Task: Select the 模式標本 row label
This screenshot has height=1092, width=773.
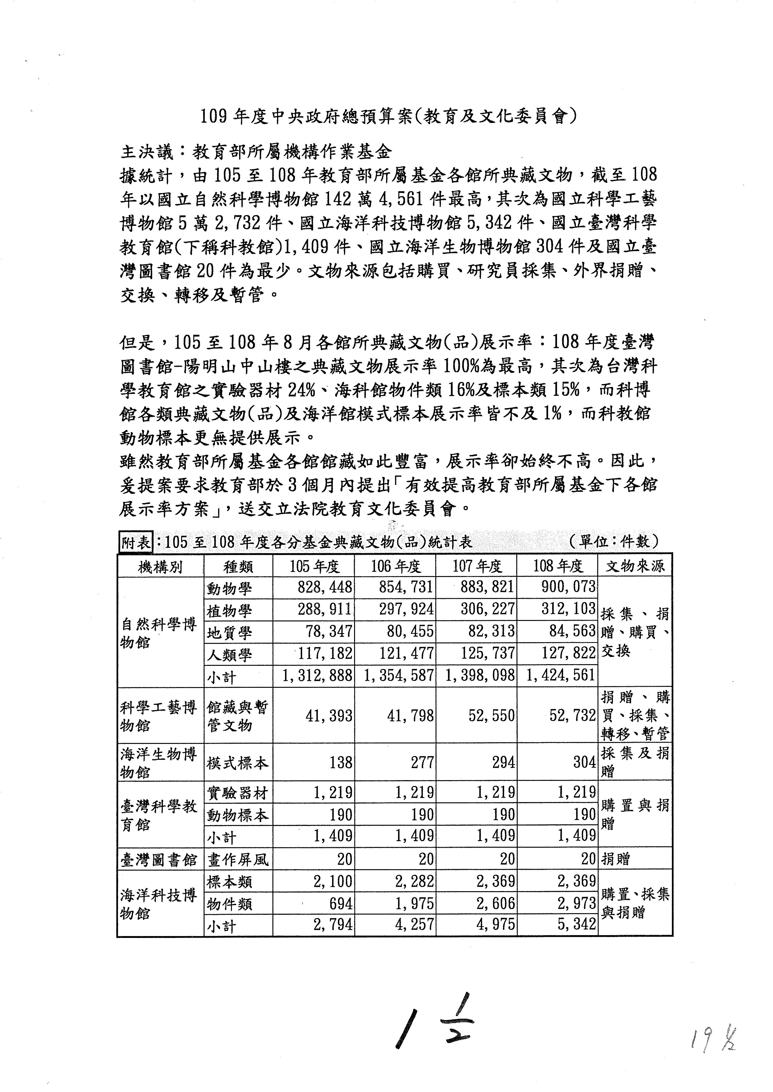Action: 238,763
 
